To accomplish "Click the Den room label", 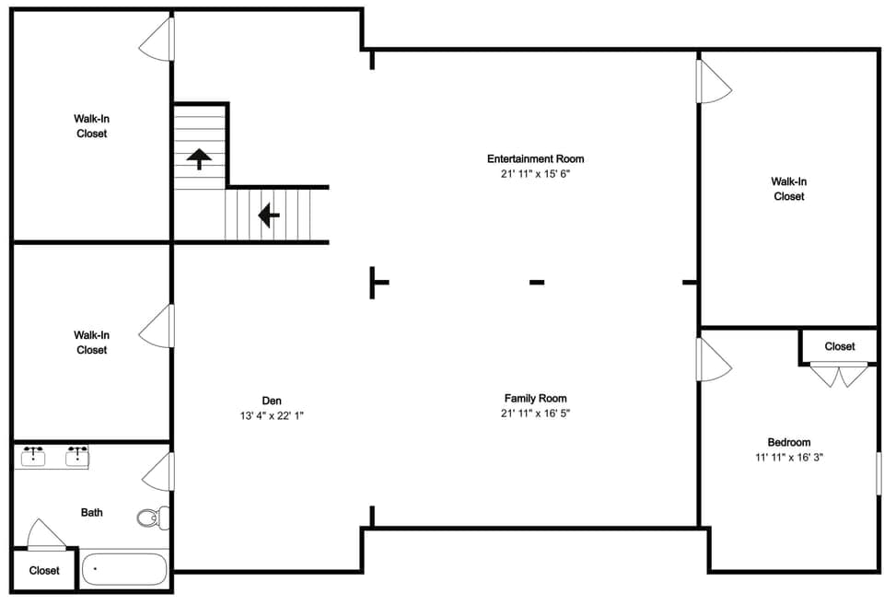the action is (271, 401).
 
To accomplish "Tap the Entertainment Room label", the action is (536, 158).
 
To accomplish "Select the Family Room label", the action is (536, 398).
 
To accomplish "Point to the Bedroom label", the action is (789, 442).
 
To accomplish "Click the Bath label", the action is (92, 512).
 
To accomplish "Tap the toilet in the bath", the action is (154, 518).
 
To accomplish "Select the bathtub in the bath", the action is (124, 569).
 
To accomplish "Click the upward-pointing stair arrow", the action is (199, 158).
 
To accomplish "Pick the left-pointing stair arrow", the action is (269, 215).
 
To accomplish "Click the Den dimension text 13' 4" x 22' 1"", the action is (272, 416).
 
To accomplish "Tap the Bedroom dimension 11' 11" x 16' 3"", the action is (789, 458).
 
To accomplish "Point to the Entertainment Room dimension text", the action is (536, 174).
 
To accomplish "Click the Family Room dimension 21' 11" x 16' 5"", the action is (536, 413).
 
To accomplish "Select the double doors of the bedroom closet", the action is (839, 375).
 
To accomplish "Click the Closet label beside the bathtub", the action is (44, 571).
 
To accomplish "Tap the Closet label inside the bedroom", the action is (840, 346).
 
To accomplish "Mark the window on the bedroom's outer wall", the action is (878, 473).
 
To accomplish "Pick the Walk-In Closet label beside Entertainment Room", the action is (789, 189).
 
